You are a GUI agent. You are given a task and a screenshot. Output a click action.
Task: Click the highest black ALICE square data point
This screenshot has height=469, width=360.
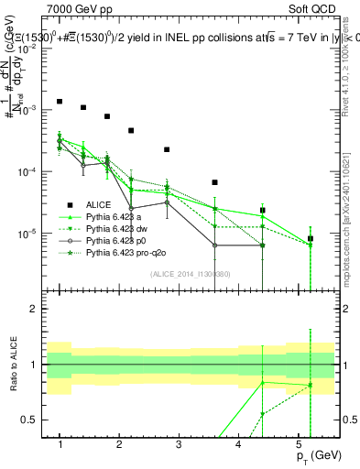pyautogui.click(x=60, y=102)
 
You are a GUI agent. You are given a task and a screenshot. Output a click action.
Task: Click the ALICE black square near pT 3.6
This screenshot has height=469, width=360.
pyautogui.click(x=214, y=182)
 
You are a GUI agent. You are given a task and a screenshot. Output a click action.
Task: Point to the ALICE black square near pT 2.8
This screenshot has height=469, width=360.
pyautogui.click(x=167, y=149)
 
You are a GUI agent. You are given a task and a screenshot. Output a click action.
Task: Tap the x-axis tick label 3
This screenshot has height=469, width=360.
pyautogui.click(x=179, y=444)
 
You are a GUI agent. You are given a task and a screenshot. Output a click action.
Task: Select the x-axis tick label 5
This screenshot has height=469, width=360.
pyautogui.click(x=298, y=444)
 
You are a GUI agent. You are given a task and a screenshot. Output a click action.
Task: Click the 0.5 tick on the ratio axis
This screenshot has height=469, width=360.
pyautogui.click(x=34, y=420)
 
